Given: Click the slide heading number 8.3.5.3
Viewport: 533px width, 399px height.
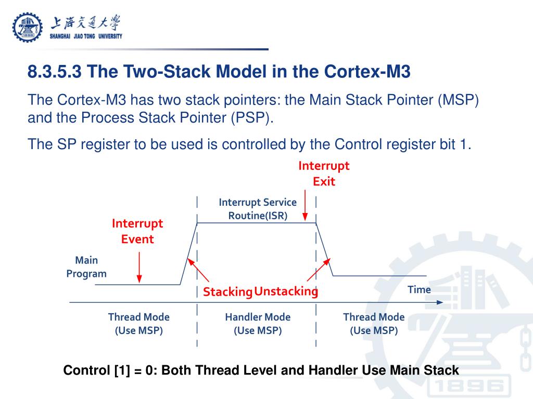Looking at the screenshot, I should pos(55,71).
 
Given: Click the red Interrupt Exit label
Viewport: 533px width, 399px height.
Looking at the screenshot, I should pos(324,174).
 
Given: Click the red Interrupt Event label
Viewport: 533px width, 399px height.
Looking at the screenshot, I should pos(137,231).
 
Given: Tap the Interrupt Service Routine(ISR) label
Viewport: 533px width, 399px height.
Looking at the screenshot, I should pos(258,209).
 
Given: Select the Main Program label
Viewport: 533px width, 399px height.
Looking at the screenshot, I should pos(86,267).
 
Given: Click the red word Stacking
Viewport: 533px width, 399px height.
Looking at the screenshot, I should pos(227,292).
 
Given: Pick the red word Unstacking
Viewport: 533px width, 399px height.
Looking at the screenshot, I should pos(286,291).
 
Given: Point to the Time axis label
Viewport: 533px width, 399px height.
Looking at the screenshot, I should pos(419,289).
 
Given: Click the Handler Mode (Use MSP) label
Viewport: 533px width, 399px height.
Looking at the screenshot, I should pos(258,323).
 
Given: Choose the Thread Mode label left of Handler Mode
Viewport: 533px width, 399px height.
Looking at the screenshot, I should pos(138,323).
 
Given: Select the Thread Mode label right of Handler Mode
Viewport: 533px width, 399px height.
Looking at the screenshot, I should pos(374,323).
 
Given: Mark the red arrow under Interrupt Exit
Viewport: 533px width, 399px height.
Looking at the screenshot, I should pos(306,208).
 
